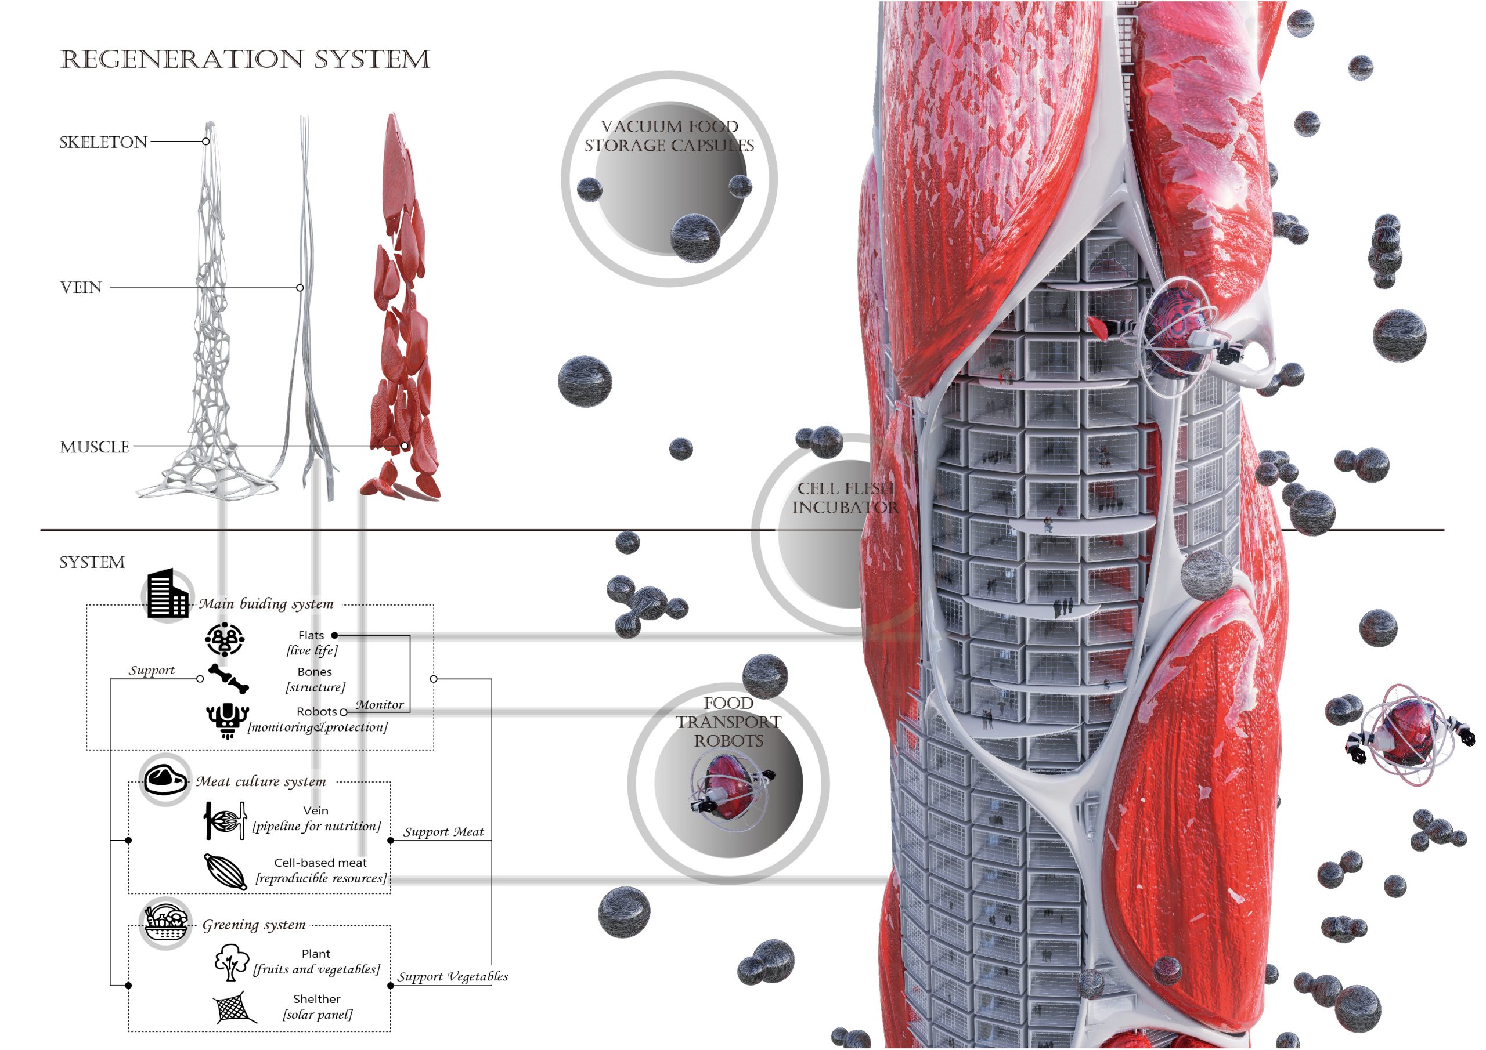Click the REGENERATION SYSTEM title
[244, 60]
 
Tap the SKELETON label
[103, 142]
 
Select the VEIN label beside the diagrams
[81, 287]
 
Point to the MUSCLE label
[95, 447]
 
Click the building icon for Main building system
[168, 594]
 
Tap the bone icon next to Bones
[229, 679]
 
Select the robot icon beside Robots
[227, 720]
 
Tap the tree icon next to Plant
[231, 962]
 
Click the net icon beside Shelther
[234, 1007]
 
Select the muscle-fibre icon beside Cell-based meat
[225, 871]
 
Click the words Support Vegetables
[453, 976]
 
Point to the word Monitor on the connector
[379, 704]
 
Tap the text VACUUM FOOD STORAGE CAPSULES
[669, 136]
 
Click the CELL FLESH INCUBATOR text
[845, 498]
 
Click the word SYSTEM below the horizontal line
[92, 562]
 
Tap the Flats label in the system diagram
[311, 635]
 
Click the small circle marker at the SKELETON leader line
[206, 142]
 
